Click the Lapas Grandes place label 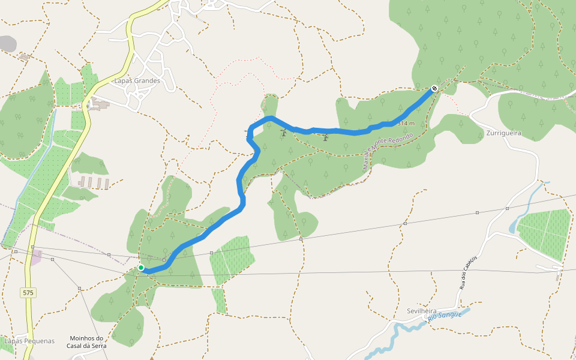(137, 81)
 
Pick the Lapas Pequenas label (29, 341)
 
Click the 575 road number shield (28, 293)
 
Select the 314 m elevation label (406, 124)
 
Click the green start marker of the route (140, 268)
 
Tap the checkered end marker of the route (434, 89)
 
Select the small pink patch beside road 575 (35, 257)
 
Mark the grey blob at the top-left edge (7, 43)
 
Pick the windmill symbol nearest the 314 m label (325, 138)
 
